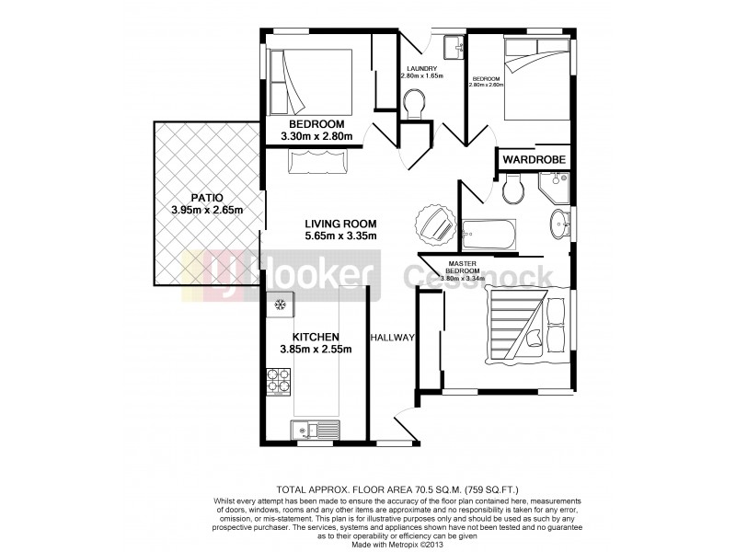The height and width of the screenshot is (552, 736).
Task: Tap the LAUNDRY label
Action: tap(423, 68)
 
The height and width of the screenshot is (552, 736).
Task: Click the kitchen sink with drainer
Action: tap(313, 429)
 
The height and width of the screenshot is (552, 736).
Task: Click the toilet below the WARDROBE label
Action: tap(514, 190)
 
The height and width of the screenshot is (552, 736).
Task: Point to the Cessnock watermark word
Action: tap(480, 275)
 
